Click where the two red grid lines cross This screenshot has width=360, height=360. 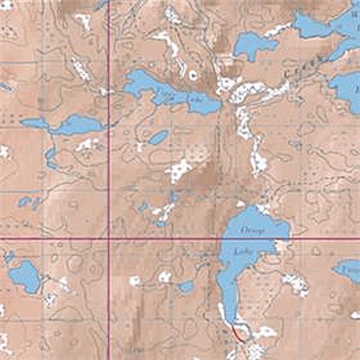tap(109, 238)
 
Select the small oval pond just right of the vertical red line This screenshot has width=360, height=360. tap(158, 137)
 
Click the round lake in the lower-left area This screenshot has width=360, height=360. tap(25, 276)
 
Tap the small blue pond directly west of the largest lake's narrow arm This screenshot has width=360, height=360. tap(185, 287)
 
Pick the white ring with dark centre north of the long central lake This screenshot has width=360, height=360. tap(193, 75)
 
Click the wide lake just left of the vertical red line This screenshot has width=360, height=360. tap(76, 125)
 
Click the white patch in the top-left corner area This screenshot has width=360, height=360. tap(83, 20)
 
